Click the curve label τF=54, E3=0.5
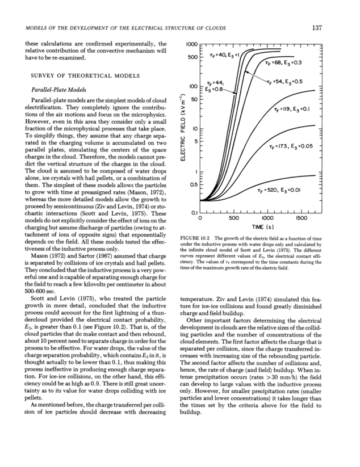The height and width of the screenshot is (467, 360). click(288, 81)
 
